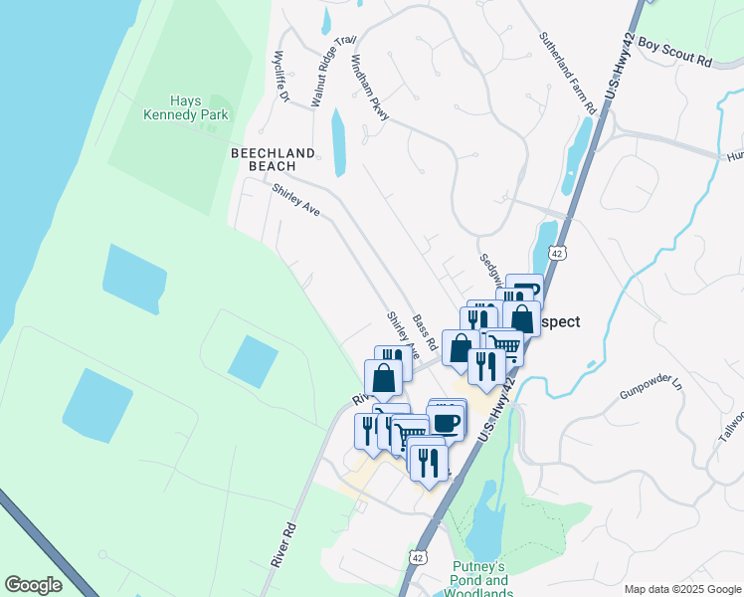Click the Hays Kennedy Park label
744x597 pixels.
click(199, 107)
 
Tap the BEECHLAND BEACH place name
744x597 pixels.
click(273, 159)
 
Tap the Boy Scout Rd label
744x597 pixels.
click(676, 54)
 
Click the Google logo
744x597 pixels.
click(33, 585)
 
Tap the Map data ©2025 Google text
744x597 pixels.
click(681, 589)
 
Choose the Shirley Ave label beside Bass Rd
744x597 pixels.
click(404, 335)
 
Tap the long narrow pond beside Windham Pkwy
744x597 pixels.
click(338, 143)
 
